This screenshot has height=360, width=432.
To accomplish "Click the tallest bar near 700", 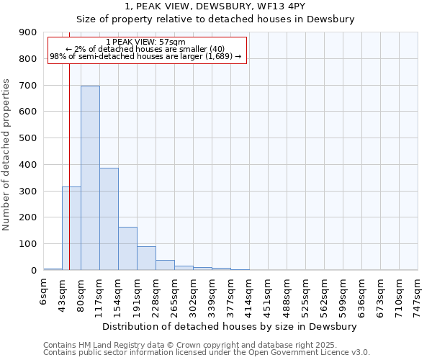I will click(90, 178).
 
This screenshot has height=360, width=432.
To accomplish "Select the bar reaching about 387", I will click(109, 219).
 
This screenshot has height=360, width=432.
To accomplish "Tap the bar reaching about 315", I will click(71, 228).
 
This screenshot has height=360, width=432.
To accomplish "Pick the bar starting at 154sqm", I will click(127, 248).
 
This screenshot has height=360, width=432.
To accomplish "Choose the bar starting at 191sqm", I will click(146, 258).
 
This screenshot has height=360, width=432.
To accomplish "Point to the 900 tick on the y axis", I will click(28, 32).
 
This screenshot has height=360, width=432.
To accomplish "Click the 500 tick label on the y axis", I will click(28, 138).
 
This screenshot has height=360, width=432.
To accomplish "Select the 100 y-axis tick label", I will click(28, 244).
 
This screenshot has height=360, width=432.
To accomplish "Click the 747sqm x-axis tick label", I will click(418, 296).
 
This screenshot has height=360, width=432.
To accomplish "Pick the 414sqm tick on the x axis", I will click(249, 296).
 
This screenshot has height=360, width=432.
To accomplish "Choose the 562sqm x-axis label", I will click(324, 296).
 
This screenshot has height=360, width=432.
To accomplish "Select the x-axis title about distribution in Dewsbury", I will click(230, 327).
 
